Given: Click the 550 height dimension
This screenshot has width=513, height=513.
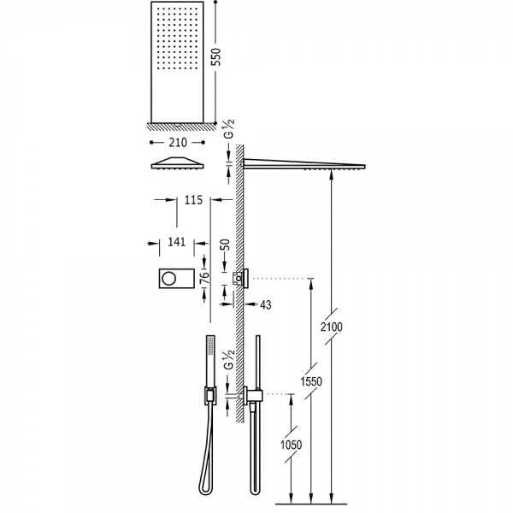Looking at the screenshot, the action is (216, 57).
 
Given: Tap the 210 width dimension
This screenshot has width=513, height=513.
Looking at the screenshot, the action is (178, 143).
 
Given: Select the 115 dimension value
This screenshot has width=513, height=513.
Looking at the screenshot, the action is (193, 200).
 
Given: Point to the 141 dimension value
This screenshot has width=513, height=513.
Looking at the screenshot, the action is (176, 242).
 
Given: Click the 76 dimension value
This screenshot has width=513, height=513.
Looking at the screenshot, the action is (203, 280).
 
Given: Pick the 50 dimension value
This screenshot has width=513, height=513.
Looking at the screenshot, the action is (225, 245).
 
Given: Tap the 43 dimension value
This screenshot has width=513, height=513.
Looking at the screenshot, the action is (266, 305).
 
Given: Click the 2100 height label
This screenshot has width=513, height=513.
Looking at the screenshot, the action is (332, 327).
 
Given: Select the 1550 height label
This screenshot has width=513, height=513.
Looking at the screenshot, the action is (311, 381).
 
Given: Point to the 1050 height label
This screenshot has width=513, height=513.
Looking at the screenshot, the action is (292, 445).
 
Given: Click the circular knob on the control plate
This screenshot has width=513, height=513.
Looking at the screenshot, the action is (169, 279).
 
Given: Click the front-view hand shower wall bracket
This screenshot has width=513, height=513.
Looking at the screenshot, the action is (210, 395).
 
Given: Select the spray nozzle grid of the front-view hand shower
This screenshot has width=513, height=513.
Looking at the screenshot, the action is (210, 345).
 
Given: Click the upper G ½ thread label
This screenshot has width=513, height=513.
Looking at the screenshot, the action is (230, 128).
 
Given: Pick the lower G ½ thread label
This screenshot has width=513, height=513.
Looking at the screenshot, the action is (230, 359).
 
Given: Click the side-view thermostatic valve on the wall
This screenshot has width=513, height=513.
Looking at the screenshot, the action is (241, 278).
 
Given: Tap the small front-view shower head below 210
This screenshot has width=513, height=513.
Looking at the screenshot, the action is (177, 163).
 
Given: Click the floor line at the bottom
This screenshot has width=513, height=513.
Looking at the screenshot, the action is (311, 504).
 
